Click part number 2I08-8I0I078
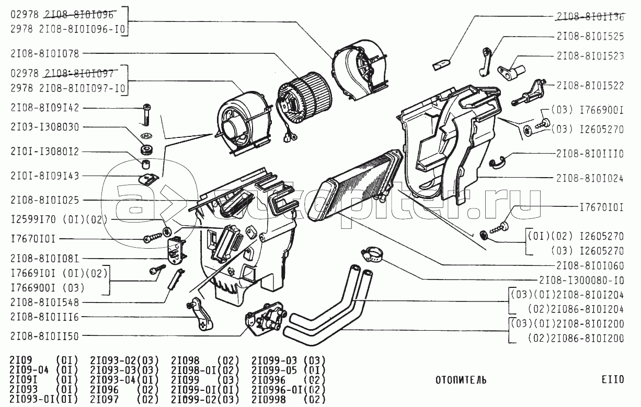click(x=44, y=53)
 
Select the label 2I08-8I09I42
click(x=44, y=108)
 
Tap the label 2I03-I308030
click(x=44, y=127)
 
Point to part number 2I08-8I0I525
click(x=590, y=37)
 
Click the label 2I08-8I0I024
click(x=590, y=178)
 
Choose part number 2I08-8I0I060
click(x=590, y=265)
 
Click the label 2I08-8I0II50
click(x=44, y=336)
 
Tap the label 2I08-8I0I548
click(x=44, y=302)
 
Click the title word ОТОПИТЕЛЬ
click(x=461, y=380)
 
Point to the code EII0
click(x=612, y=380)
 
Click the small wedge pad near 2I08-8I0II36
click(x=440, y=64)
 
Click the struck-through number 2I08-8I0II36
click(x=590, y=16)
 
